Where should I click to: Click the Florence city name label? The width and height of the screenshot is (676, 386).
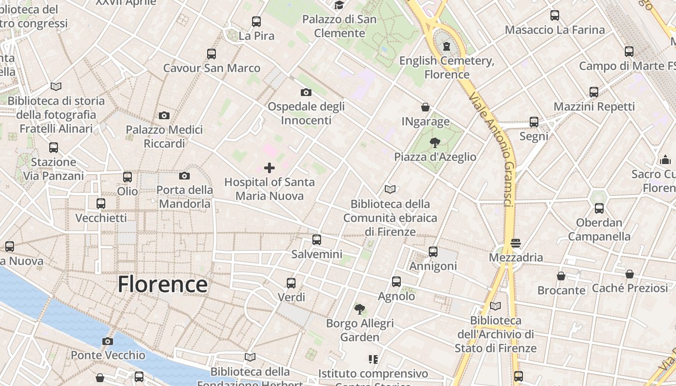[163, 284]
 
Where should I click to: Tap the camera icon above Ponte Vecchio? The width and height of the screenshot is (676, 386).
[108, 342]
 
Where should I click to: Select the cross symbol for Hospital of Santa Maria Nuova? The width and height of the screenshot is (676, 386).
[269, 168]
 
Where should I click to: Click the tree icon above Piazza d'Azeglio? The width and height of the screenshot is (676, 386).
[435, 142]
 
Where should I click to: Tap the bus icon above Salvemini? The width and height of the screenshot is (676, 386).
[317, 239]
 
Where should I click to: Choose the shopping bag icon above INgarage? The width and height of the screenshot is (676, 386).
[425, 107]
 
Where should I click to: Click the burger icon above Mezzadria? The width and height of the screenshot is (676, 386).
[516, 243]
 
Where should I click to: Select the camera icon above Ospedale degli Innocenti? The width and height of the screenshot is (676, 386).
[306, 92]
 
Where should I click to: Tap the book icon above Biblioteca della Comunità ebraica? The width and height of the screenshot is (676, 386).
[390, 189]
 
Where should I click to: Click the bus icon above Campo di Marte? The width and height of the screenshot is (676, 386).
[629, 51]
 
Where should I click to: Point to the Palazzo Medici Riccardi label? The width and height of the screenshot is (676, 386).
[164, 137]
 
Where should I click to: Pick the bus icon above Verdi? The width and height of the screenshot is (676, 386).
[291, 283]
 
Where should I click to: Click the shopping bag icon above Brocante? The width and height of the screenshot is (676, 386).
[561, 276]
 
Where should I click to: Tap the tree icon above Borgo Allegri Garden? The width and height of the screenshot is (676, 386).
[359, 309]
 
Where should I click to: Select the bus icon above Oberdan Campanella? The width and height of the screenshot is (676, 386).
[599, 208]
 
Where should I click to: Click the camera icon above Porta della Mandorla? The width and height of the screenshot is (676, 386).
[184, 176]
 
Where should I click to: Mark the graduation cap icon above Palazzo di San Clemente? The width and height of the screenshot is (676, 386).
[339, 5]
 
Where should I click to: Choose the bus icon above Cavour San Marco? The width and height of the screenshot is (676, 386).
[211, 54]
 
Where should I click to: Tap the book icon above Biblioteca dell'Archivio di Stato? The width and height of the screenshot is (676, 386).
[495, 306]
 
